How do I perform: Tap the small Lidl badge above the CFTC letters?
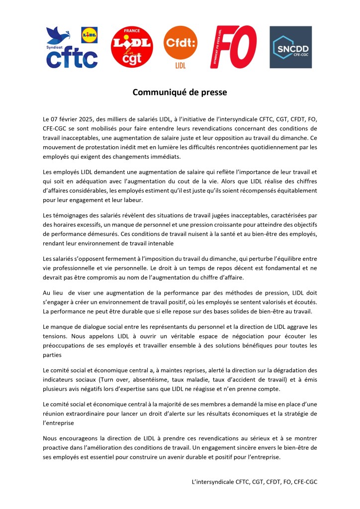point(90,35)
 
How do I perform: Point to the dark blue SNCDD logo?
point(290,47)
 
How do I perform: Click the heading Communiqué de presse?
point(180,92)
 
